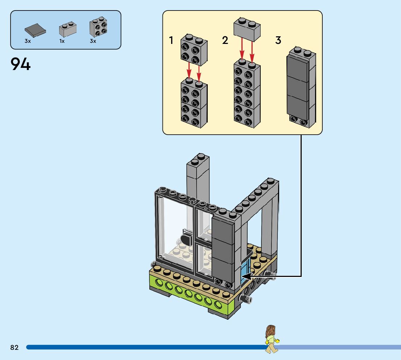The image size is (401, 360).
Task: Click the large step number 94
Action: pos(21,64)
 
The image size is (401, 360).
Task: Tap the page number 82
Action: pos(15,347)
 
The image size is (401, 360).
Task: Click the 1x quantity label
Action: pos(62,41)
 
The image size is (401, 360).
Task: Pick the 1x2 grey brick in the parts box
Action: pos(67,30)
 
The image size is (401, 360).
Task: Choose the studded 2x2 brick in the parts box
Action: pos(98,27)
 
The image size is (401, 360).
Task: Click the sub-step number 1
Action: pos(171,40)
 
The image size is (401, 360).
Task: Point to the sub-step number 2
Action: pos(225,40)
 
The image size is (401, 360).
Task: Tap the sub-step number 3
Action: pos(278,40)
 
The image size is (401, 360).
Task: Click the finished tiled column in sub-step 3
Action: pos(301,87)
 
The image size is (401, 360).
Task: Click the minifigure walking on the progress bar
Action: pos(270,339)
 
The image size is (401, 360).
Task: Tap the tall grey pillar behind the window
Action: pos(198,178)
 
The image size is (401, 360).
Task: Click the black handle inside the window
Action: pos(187,239)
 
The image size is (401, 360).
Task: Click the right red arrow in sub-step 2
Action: pos(252,51)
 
